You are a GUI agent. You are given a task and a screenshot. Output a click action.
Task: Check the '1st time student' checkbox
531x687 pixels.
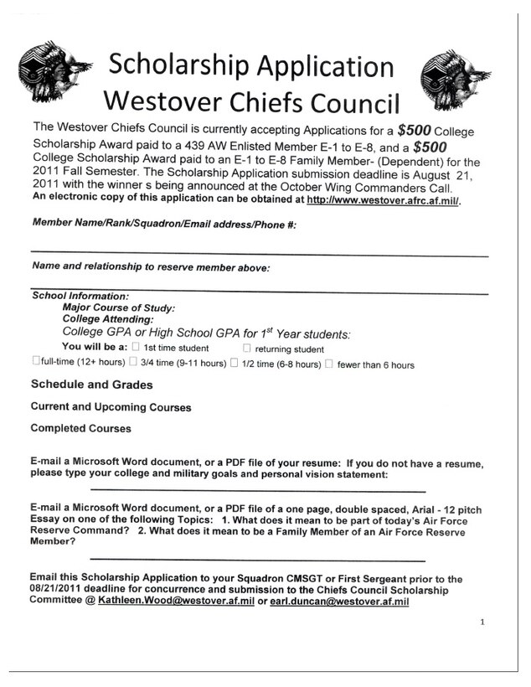tap(137, 348)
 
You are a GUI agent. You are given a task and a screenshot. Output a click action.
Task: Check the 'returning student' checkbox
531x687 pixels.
tap(247, 348)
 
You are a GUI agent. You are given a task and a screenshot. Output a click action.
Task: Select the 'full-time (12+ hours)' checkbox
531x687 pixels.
tap(36, 363)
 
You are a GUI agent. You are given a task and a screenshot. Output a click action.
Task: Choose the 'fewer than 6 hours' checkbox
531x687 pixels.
tap(329, 364)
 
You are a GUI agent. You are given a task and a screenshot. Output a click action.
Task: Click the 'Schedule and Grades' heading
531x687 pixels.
tap(91, 385)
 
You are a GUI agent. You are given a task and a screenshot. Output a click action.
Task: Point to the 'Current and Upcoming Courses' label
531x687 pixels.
tap(111, 407)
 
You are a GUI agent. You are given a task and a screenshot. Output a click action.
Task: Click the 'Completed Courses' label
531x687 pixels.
tap(80, 428)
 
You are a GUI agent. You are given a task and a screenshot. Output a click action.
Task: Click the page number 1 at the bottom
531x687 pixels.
tap(483, 622)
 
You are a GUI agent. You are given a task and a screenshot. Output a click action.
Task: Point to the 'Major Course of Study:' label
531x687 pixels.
tap(118, 307)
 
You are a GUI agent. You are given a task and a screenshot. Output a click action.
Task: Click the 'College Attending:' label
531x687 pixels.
tap(107, 319)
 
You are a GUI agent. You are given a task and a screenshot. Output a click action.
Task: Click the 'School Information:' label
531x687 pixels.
tap(80, 296)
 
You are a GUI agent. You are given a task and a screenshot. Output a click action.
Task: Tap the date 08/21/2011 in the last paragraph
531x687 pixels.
tap(59, 590)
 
